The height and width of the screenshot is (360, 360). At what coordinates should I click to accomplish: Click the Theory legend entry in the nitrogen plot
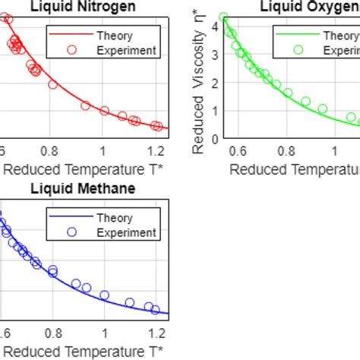(114, 36)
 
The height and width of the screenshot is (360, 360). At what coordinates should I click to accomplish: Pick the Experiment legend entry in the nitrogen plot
(125, 50)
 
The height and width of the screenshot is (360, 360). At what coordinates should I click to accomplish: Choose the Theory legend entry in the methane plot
(114, 218)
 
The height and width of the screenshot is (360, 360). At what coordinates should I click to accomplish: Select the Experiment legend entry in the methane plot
(125, 232)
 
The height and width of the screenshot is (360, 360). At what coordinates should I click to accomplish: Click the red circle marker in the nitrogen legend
(72, 50)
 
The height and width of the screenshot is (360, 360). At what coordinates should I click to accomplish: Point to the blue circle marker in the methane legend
(72, 232)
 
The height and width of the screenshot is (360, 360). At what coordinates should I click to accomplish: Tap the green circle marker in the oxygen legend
(298, 50)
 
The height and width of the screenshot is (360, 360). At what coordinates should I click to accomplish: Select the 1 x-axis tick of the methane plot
(104, 332)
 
